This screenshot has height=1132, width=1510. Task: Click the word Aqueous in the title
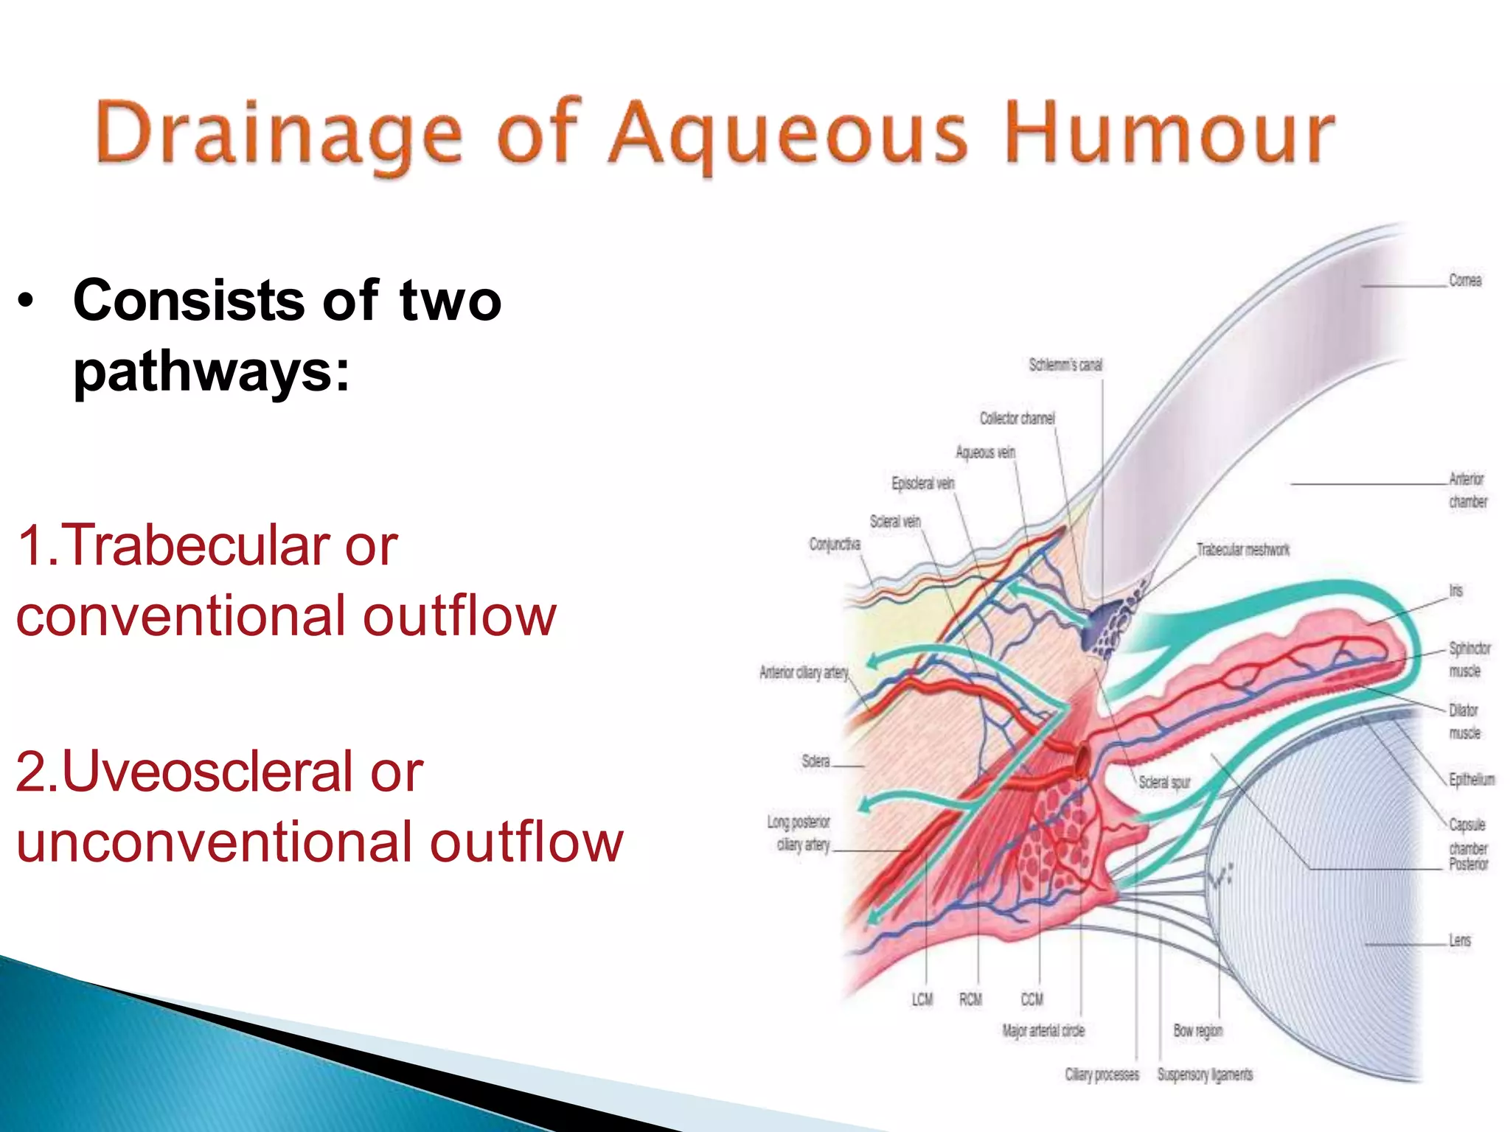787,136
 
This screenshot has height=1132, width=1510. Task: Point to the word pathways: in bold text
212,371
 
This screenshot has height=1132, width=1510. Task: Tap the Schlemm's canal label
1065,365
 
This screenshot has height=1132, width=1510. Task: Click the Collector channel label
1017,419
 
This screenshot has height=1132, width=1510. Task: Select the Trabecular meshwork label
1243,550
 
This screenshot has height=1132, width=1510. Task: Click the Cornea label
1464,281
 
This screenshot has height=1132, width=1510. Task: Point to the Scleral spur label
1164,782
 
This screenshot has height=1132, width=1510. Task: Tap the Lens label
1459,940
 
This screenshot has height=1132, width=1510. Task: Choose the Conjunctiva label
835,545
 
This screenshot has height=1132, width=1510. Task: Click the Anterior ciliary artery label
804,672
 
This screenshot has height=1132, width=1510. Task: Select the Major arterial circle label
1043,1031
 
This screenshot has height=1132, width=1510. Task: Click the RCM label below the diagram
970,999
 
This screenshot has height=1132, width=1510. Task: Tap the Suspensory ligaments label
1205,1075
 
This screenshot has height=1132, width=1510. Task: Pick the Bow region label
1197,1031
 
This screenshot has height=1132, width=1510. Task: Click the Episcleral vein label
922,483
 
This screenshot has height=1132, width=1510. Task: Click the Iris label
1455,591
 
